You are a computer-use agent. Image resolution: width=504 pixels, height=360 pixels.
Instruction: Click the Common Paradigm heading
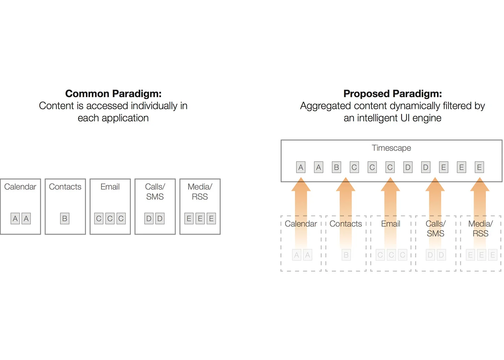[113, 94]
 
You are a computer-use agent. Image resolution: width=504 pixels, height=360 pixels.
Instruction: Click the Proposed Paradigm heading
[392, 94]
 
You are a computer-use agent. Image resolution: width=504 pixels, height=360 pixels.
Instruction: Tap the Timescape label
[391, 148]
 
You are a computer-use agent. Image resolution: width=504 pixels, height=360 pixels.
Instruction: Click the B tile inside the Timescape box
[336, 167]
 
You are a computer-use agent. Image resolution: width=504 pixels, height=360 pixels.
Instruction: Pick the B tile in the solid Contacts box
[65, 218]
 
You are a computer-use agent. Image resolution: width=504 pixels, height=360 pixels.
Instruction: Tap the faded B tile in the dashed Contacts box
[346, 255]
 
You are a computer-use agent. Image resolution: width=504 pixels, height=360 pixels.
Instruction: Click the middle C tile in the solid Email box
[110, 218]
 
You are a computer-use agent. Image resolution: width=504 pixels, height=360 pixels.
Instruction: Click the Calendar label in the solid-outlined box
[20, 187]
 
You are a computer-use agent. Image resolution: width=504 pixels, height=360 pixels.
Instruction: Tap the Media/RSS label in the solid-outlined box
[200, 192]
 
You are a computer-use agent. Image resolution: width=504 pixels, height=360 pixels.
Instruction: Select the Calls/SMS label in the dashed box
[435, 229]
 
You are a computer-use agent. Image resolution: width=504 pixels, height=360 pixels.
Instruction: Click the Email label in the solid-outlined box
[110, 187]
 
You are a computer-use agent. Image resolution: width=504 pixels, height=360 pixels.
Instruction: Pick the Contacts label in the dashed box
[346, 224]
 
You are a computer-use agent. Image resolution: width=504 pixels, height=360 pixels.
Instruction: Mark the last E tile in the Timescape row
[479, 167]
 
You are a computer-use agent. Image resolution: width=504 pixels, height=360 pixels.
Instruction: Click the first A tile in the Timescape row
[301, 167]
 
